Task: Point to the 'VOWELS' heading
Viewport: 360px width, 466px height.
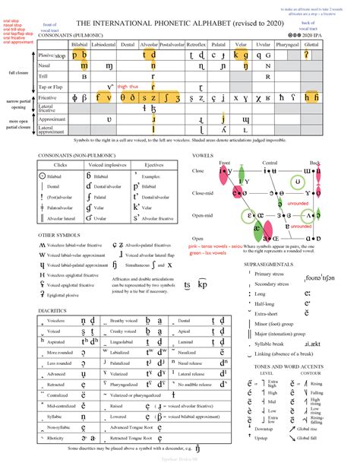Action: (203, 154)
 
